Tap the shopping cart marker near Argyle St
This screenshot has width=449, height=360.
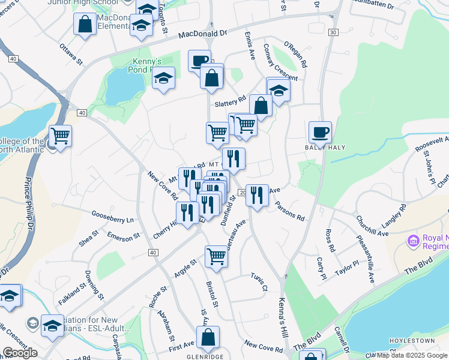pyautogui.click(x=216, y=256)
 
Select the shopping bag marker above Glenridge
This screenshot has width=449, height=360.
pyautogui.click(x=208, y=337)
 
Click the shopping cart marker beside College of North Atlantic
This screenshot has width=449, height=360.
pyautogui.click(x=60, y=136)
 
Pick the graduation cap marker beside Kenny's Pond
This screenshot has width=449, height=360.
pyautogui.click(x=163, y=78)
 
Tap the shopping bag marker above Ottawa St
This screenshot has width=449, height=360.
pyautogui.click(x=85, y=24)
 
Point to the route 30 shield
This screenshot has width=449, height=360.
pyautogui.click(x=333, y=32)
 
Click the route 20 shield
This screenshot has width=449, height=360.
pyautogui.click(x=242, y=192)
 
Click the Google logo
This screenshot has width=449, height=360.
pyautogui.click(x=20, y=352)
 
